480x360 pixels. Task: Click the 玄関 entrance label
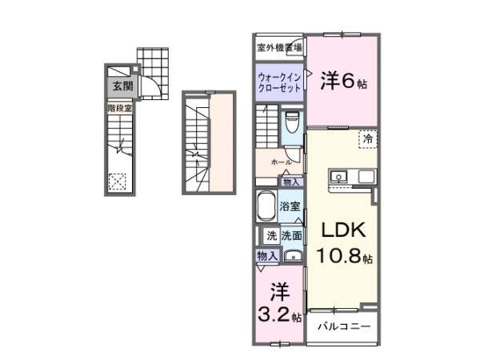pos(122,86)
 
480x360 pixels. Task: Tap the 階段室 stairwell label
pos(120,108)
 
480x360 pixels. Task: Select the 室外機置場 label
pos(279,47)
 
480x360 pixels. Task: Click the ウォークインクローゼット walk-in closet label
pos(279,82)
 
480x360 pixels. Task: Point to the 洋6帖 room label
pos(343,81)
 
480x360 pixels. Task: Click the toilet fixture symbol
pos(292,122)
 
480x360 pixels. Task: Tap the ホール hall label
pos(281,162)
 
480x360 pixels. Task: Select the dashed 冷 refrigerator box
pos(368,139)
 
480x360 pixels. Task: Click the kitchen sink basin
pos(338,177)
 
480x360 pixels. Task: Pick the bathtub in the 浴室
pos(266,206)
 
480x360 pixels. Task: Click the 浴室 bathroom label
pos(290,206)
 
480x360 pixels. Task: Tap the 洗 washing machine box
pos(271,236)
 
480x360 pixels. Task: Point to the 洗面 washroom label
pos(292,236)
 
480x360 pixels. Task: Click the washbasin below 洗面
pos(294,256)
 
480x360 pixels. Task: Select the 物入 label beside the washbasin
pos(267,256)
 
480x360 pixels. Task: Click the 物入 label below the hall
pos(291,182)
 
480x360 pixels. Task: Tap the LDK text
pos(343,230)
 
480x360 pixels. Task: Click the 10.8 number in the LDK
pos(339,256)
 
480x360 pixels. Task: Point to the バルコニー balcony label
pos(344,326)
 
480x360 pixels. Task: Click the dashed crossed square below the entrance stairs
pos(118,182)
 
